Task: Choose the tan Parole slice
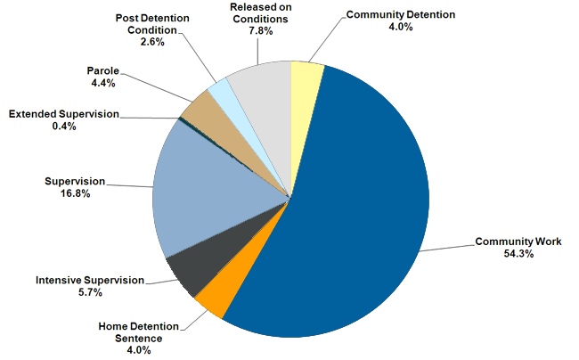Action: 197,106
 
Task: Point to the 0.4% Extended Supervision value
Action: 63,127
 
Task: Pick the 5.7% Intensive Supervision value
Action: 90,292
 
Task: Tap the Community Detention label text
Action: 401,15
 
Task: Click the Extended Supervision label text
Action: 63,114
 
